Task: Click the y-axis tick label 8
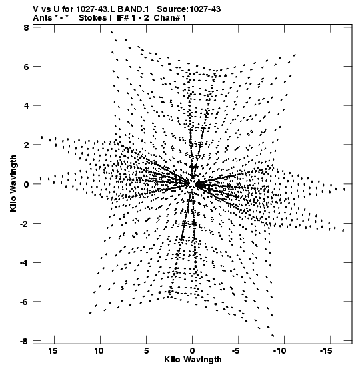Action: coord(27,28)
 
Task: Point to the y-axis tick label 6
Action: coord(27,67)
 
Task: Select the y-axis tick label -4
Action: coord(25,262)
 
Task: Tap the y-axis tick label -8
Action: coord(25,341)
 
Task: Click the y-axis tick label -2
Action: coord(25,224)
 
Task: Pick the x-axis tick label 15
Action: coord(53,351)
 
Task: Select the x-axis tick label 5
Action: coord(146,351)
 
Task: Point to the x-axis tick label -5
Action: coord(236,351)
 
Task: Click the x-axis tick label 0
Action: coord(193,351)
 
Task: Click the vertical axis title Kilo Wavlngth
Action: coord(13,183)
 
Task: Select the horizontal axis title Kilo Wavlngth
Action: coord(193,360)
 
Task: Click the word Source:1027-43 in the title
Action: coord(189,9)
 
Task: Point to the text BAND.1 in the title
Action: coord(133,9)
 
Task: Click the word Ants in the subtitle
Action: coord(42,18)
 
